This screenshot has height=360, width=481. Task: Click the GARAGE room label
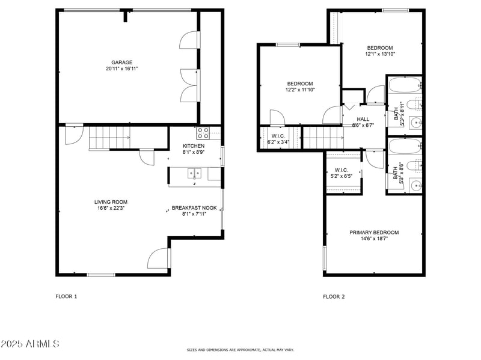[x=121, y=62]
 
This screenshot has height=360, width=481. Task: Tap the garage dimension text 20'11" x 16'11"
[x=121, y=69]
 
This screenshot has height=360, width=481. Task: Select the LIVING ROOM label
[x=111, y=202]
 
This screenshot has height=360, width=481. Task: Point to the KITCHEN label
[x=194, y=146]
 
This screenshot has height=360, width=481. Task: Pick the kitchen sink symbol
[x=194, y=174]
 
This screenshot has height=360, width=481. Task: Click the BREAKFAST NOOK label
[x=194, y=208]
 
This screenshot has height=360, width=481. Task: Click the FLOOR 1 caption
[x=66, y=296]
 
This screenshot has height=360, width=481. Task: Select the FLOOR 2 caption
[x=334, y=296]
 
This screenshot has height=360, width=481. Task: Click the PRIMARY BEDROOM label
[x=374, y=232]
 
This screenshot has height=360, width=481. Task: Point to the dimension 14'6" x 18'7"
[x=374, y=239]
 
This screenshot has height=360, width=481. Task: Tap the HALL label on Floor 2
[x=363, y=119]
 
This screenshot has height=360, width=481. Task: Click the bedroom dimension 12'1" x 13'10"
[x=380, y=54]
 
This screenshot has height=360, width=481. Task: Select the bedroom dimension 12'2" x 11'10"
[x=299, y=90]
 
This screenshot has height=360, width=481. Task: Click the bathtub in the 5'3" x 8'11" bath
[x=403, y=85]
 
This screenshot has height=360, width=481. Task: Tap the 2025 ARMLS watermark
[x=30, y=344]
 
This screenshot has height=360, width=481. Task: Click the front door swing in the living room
[x=158, y=258]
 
